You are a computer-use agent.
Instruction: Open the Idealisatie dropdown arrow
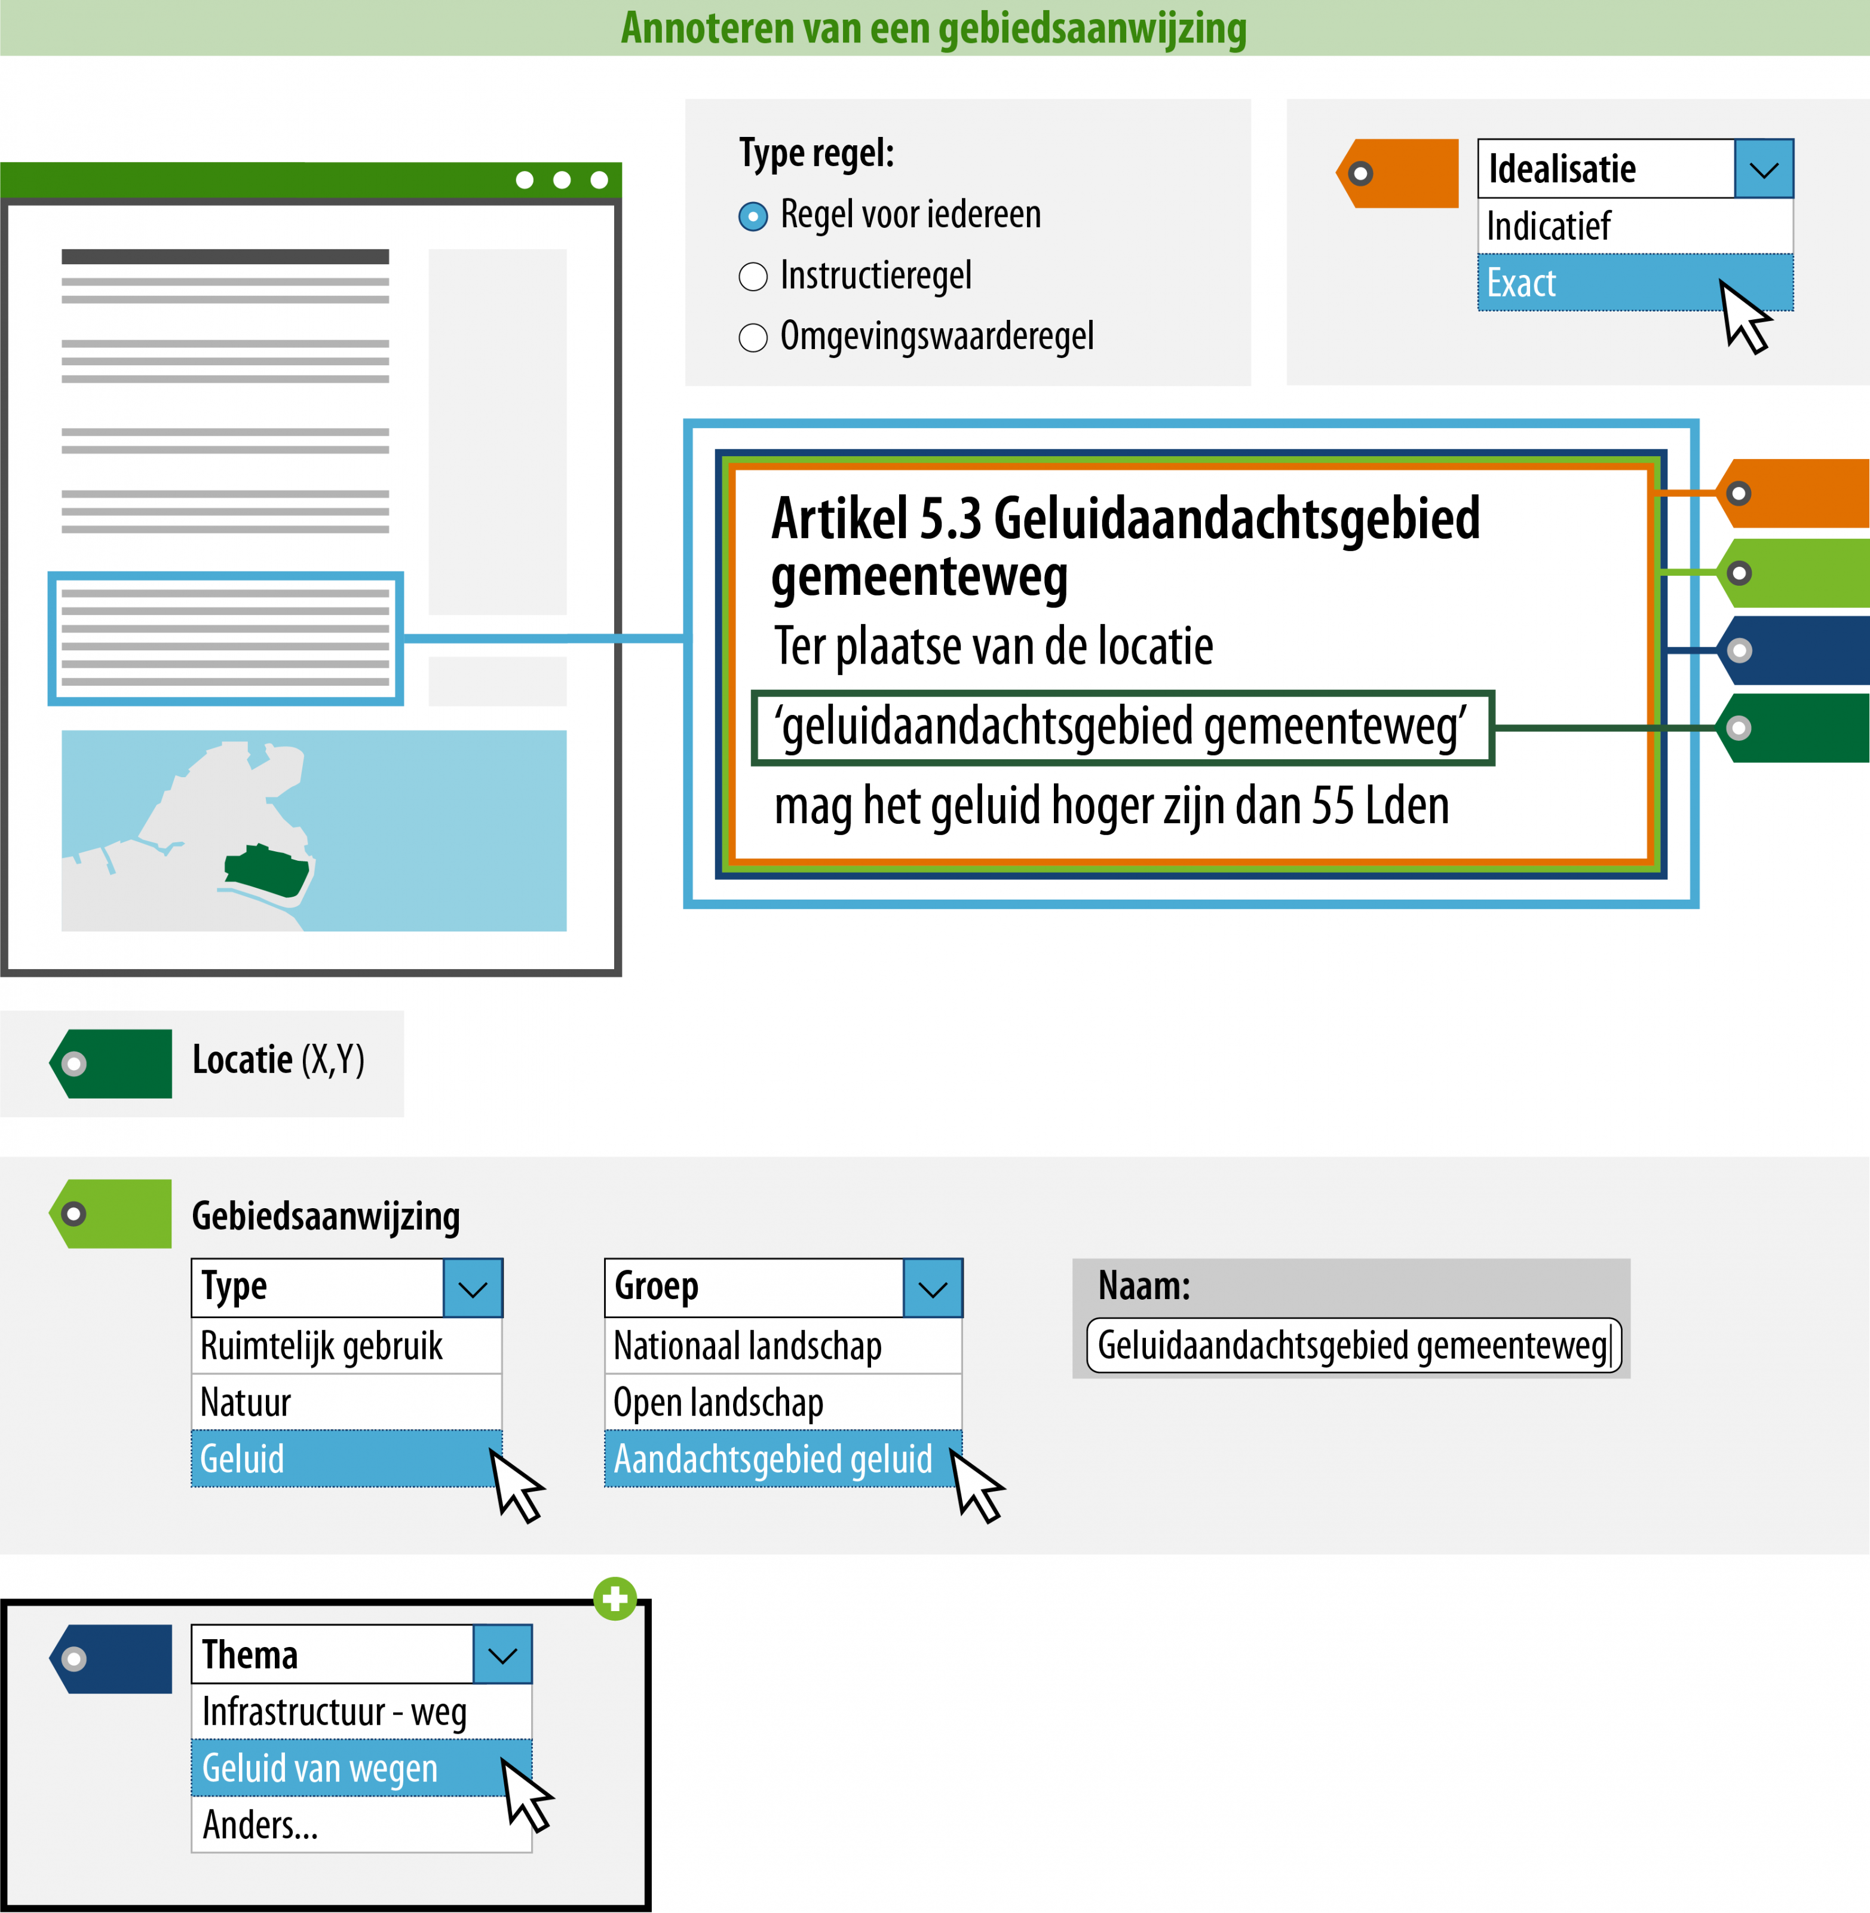pos(1763,169)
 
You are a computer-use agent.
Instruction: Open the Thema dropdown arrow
pos(502,1655)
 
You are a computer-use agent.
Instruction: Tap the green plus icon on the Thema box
pos(615,1599)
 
